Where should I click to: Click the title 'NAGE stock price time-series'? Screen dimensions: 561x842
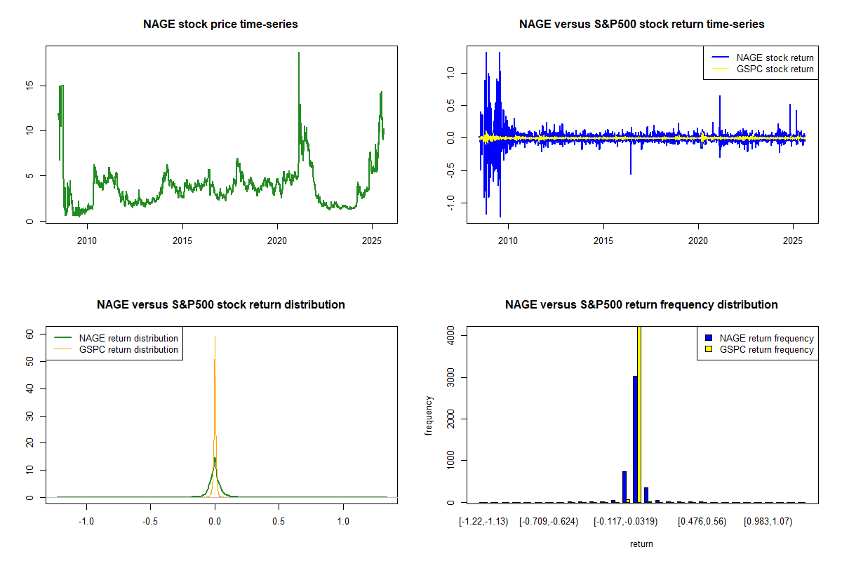click(220, 25)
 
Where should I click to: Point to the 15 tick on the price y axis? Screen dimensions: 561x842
click(31, 86)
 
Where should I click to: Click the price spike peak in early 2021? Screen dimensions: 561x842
click(299, 53)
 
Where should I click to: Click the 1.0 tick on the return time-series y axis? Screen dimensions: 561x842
click(452, 72)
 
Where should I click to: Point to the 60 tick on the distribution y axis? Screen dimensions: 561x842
click(31, 335)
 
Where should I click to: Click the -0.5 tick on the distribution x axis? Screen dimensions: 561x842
click(151, 522)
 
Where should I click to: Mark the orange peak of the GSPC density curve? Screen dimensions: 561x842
click(215, 337)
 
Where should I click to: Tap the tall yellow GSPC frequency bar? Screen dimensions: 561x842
click(639, 414)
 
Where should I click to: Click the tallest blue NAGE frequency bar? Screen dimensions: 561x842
click(635, 438)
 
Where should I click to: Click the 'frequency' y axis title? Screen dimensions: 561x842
click(429, 416)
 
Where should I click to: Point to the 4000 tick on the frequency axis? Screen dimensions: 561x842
click(452, 336)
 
